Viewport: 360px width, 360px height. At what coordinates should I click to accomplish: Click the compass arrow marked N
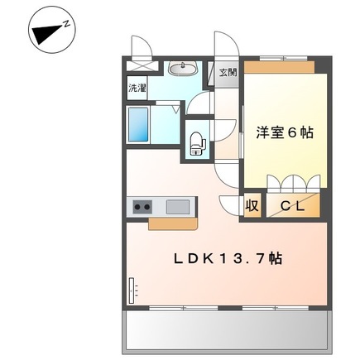point(50,31)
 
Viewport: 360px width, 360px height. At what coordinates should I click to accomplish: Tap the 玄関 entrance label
point(227,72)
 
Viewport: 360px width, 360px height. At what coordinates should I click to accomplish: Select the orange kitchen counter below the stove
point(172,223)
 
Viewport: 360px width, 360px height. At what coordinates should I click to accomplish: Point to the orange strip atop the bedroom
point(285,65)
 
